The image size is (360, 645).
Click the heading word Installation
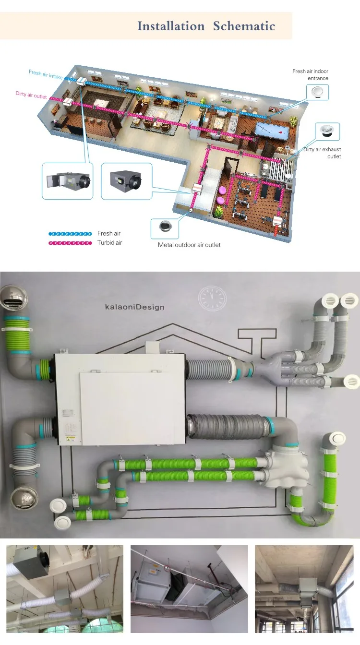(x=171, y=26)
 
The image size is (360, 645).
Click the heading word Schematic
(x=244, y=26)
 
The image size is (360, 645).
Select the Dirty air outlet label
(x=31, y=95)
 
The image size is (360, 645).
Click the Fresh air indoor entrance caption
(x=310, y=75)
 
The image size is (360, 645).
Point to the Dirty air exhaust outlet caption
(x=322, y=153)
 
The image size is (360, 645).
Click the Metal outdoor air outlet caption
(x=189, y=245)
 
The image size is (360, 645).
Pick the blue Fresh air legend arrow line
(x=70, y=234)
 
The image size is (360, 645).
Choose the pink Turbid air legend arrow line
(x=70, y=243)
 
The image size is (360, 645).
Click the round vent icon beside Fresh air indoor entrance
(x=317, y=92)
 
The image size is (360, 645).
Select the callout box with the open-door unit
(x=67, y=181)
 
